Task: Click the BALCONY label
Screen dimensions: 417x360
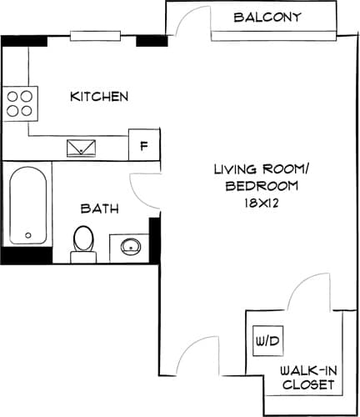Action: click(267, 17)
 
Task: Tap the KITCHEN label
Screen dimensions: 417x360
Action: click(99, 97)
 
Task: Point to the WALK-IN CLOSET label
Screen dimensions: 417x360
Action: click(307, 378)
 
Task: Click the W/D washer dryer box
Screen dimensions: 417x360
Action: click(267, 341)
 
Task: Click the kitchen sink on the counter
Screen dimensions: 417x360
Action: click(82, 148)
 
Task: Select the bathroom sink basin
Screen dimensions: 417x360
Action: click(130, 246)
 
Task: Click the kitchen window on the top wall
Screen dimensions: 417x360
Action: click(96, 36)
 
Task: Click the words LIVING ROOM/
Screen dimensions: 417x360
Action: click(261, 169)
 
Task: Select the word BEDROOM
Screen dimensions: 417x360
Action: click(261, 186)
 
